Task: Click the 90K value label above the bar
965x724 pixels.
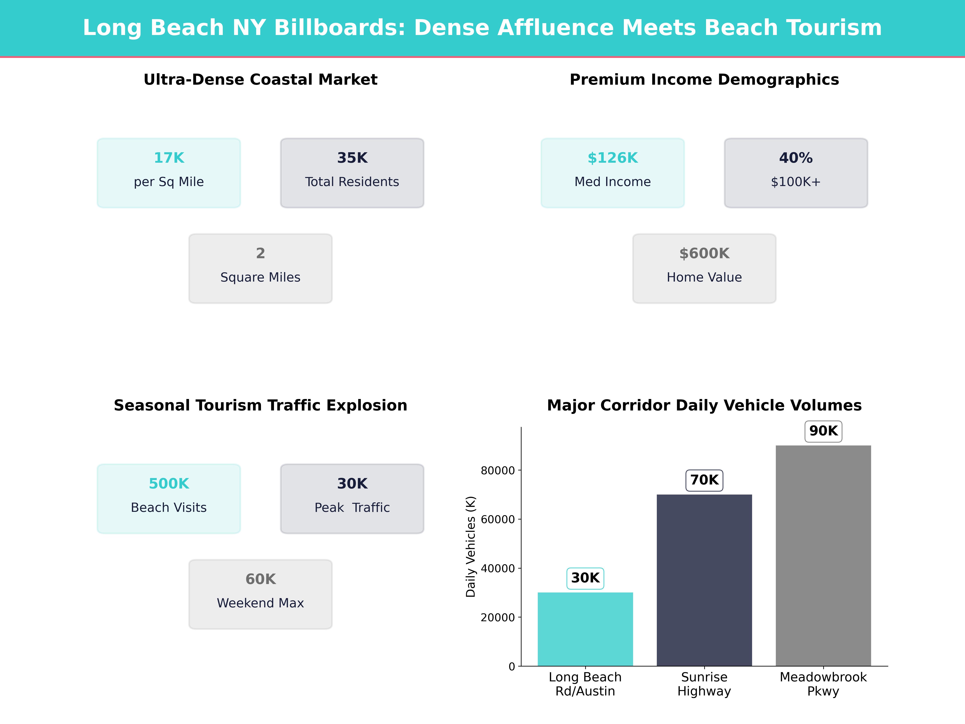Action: [823, 431]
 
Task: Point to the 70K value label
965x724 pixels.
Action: [704, 480]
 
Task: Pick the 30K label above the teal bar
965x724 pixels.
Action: [585, 578]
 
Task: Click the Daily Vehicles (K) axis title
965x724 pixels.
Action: [470, 546]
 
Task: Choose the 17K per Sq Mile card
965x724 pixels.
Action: [169, 173]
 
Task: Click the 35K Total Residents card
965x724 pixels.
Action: [352, 173]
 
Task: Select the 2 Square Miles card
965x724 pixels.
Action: [260, 268]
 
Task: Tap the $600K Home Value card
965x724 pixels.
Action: [704, 268]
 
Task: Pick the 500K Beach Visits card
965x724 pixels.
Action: [169, 498]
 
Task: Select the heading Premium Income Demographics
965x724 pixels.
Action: [704, 79]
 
